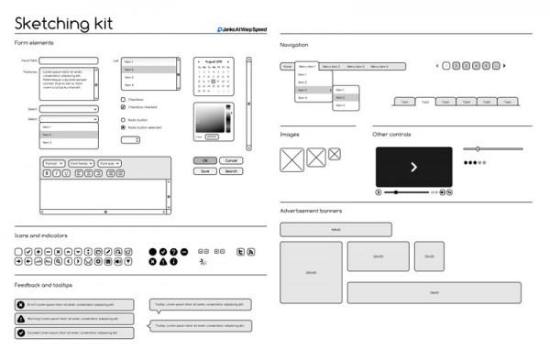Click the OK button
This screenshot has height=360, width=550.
coord(204,160)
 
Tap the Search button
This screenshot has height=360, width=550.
coord(230,171)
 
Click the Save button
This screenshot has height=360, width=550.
coord(204,171)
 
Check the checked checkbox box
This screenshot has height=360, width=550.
coord(124,107)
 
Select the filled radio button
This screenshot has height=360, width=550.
coord(124,127)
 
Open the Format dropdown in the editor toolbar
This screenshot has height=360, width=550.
coord(52,163)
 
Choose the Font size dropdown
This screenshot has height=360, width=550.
coord(109,163)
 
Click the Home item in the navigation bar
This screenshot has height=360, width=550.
coord(287,67)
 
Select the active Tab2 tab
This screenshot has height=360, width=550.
coord(423,102)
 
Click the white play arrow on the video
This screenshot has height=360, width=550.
coord(413,167)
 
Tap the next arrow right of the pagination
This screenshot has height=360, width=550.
coord(504,66)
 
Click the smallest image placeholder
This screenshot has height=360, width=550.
coord(335,154)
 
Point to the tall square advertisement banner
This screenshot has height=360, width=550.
coord(311,273)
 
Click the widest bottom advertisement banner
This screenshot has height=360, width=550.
coord(434,293)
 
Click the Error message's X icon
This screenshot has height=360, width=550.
coord(21,304)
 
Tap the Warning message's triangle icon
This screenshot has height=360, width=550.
coord(21,319)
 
